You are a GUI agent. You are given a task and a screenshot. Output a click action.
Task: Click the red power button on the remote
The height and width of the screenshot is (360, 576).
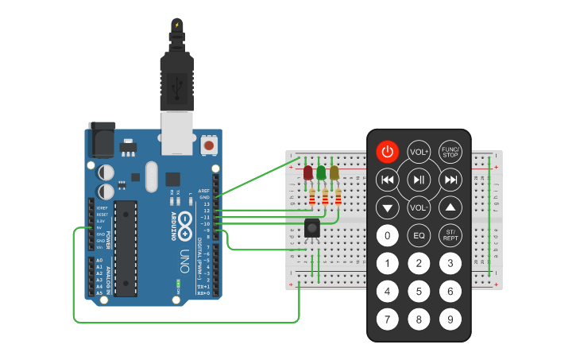pyautogui.click(x=387, y=152)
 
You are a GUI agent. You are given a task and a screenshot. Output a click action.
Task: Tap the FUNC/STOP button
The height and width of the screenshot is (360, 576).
pyautogui.click(x=450, y=152)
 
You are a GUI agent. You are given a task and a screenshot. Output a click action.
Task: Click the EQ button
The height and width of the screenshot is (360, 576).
pyautogui.click(x=419, y=235)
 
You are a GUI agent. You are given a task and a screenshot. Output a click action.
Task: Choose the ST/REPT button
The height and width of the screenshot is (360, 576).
pyautogui.click(x=450, y=235)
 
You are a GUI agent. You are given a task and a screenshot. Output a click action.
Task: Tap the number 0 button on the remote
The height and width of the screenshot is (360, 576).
pyautogui.click(x=387, y=235)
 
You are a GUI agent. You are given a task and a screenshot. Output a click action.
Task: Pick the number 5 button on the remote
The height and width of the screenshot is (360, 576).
pyautogui.click(x=419, y=292)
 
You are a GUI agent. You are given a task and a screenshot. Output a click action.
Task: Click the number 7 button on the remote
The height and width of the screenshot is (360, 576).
pyautogui.click(x=387, y=319)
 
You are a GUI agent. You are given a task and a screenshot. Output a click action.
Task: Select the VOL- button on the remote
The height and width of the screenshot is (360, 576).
pyautogui.click(x=419, y=208)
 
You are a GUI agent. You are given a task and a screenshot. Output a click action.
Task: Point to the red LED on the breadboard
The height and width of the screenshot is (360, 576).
pyautogui.click(x=308, y=172)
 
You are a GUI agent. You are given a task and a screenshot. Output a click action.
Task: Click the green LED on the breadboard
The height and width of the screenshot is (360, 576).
pyautogui.click(x=321, y=172)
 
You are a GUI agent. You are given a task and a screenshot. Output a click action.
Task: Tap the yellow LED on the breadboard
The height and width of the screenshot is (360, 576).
pyautogui.click(x=334, y=172)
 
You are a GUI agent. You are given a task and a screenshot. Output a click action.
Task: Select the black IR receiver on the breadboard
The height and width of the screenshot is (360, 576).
pyautogui.click(x=312, y=228)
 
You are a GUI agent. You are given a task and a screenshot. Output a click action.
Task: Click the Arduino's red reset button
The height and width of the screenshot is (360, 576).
pyautogui.click(x=209, y=145)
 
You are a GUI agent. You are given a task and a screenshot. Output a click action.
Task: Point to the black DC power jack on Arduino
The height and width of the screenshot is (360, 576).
pyautogui.click(x=101, y=141)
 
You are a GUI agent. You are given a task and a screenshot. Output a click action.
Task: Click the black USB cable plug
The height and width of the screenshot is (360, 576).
pyautogui.click(x=176, y=79)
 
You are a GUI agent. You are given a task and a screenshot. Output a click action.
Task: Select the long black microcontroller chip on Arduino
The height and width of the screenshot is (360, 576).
pyautogui.click(x=125, y=246)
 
